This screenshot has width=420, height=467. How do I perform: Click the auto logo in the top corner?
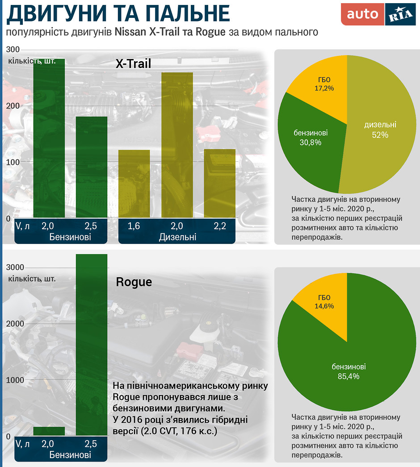362,14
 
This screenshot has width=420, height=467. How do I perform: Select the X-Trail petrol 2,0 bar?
49,139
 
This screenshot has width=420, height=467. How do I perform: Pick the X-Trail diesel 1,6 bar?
134,184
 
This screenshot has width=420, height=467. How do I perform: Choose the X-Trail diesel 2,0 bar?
177,145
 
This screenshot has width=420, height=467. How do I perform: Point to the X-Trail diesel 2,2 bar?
219,183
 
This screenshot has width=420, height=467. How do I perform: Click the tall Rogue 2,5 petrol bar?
92,344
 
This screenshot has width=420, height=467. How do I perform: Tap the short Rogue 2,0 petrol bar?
49,431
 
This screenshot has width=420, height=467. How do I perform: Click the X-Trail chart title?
133,64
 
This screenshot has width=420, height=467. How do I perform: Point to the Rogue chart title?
134,282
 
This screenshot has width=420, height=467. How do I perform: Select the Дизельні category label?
177,237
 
